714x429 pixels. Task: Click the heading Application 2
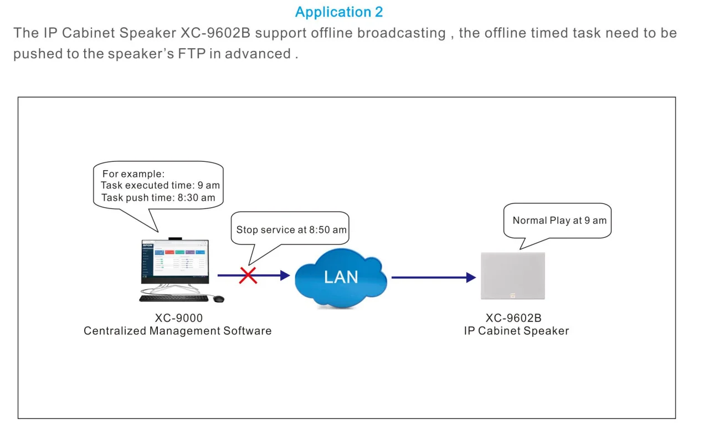[x=338, y=12]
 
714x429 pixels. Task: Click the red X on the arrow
[x=248, y=275]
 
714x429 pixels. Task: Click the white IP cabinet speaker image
[x=513, y=276]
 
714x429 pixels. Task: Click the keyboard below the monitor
[x=173, y=298]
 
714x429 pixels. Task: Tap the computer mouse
[x=219, y=299]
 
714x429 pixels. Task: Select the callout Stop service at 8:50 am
[x=291, y=229]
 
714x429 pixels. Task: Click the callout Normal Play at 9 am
[x=559, y=220]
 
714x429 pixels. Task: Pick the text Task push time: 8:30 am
[x=158, y=197]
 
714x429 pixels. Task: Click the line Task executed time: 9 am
[x=160, y=186]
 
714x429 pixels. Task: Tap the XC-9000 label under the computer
[x=178, y=318]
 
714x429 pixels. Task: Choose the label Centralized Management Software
[x=178, y=331]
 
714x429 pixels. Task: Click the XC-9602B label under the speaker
[x=513, y=318]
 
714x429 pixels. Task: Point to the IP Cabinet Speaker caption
[x=516, y=331]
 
